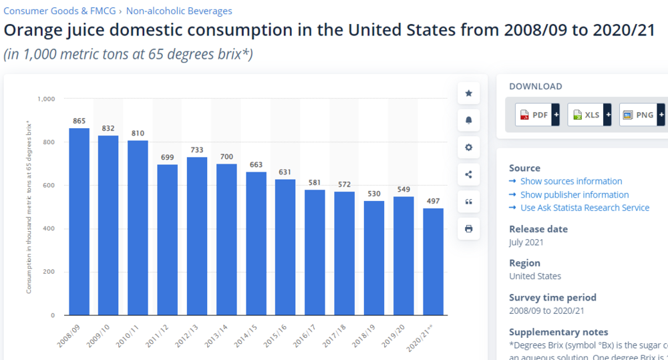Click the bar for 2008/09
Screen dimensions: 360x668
[79, 221]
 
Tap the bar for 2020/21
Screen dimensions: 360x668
[433, 261]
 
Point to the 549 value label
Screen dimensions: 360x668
[403, 190]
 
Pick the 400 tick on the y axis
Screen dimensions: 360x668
[49, 229]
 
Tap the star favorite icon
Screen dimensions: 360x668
[468, 94]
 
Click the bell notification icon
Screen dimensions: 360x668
[468, 120]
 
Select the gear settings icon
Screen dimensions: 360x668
[468, 148]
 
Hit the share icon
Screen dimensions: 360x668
[468, 175]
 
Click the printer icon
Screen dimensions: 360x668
[468, 229]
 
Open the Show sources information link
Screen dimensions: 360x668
[571, 181]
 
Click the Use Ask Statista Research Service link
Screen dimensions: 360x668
[584, 208]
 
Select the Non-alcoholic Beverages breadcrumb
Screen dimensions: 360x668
[179, 11]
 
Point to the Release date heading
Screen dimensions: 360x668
[538, 229]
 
